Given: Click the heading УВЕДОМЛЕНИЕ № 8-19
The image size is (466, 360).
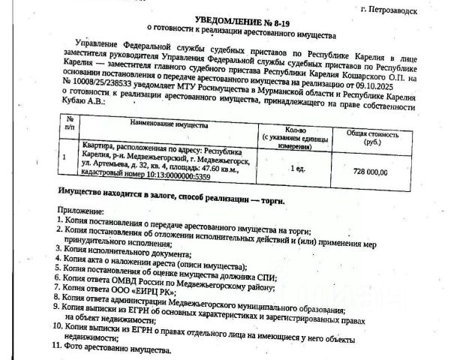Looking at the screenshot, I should (x=242, y=23).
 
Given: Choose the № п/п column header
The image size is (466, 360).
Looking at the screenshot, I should (x=70, y=124).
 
